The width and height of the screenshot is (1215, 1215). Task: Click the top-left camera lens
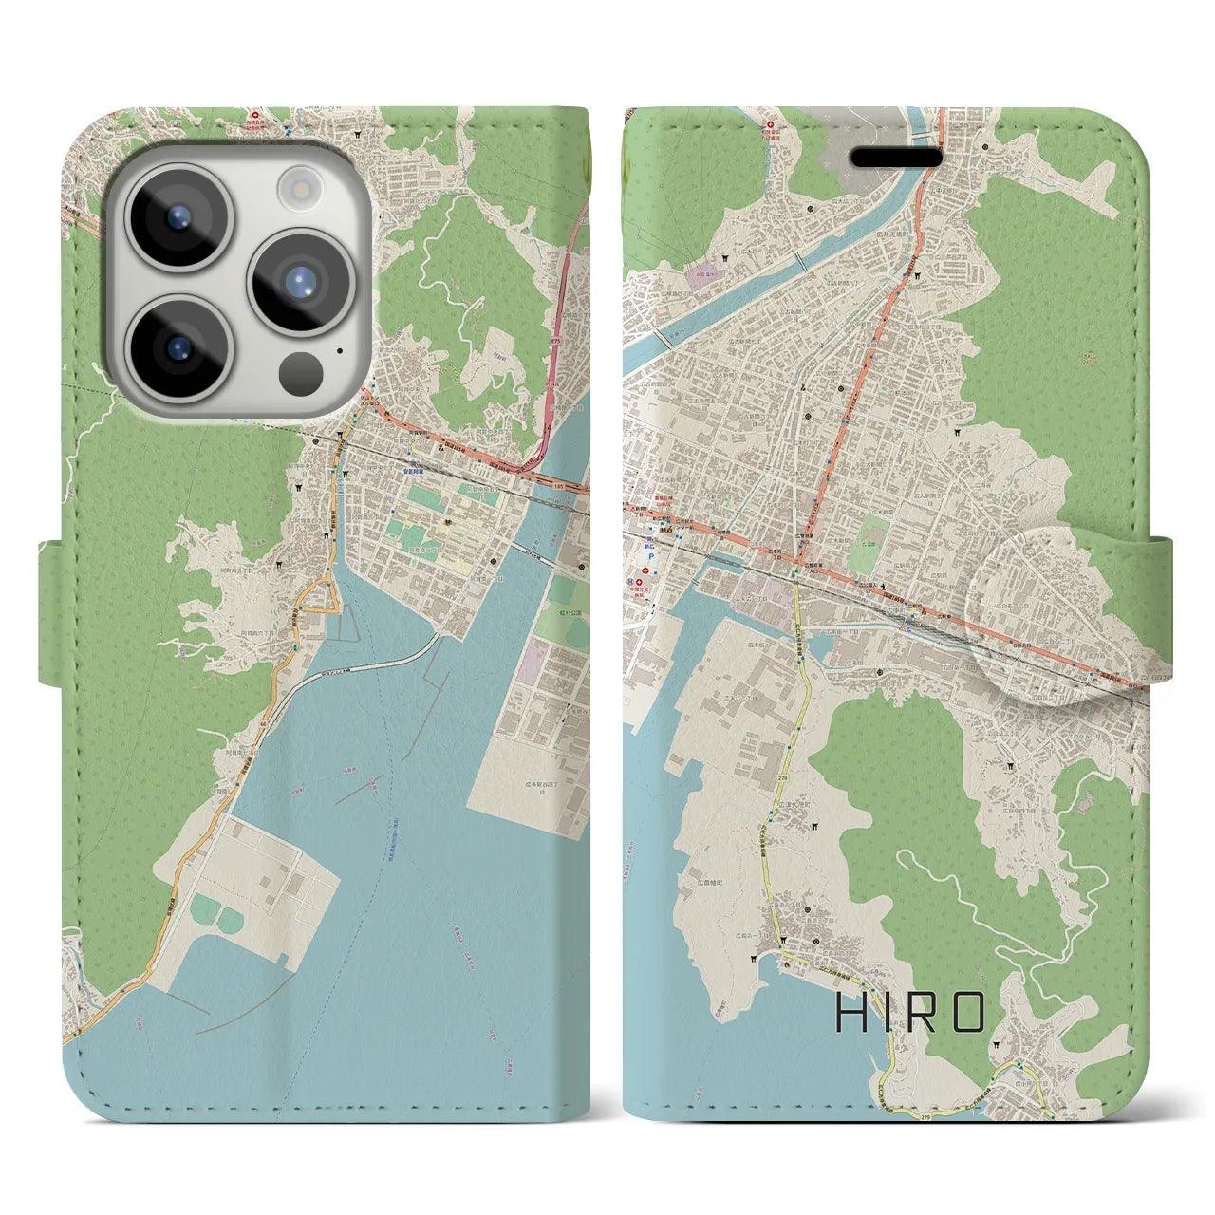(x=178, y=217)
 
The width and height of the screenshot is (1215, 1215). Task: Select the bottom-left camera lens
(x=178, y=346)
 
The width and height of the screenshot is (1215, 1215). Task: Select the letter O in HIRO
(x=966, y=1014)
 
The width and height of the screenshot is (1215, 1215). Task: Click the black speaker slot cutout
(x=894, y=158)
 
